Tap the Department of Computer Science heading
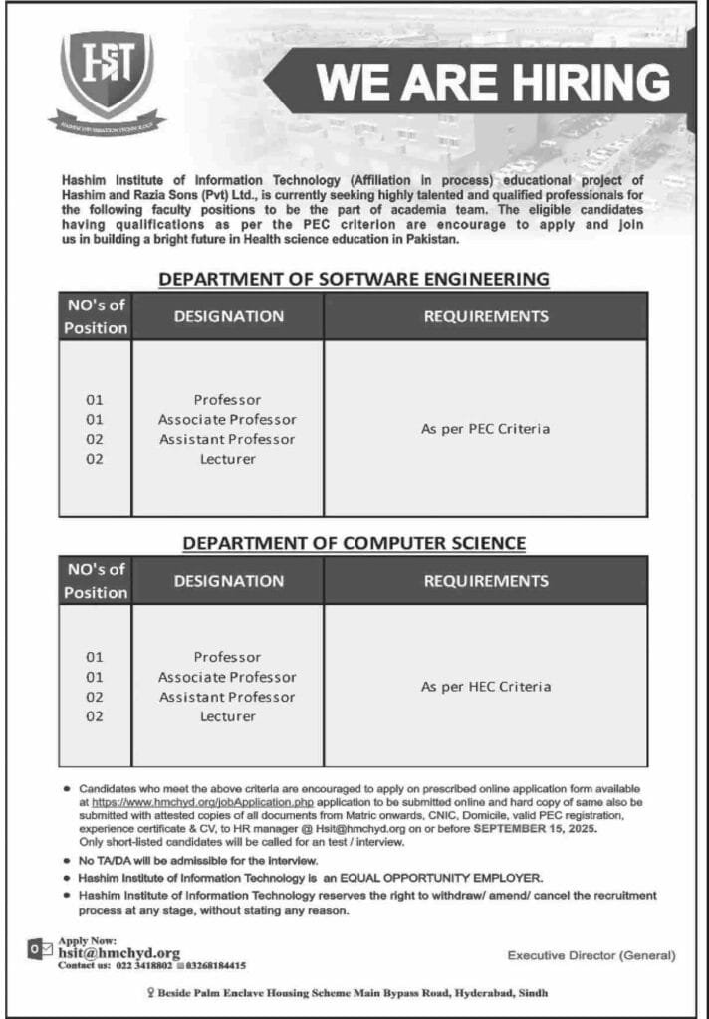pos(354,543)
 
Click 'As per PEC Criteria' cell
pos(485,429)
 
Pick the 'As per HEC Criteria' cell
pos(485,687)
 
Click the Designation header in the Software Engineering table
pos(228,316)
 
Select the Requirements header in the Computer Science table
pos(485,580)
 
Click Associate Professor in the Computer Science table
pos(227,677)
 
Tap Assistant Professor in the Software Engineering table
pos(227,439)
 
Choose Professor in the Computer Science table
pos(227,657)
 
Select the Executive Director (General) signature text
pos(591,955)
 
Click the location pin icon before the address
pos(149,992)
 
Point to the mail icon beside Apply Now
pos(38,951)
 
